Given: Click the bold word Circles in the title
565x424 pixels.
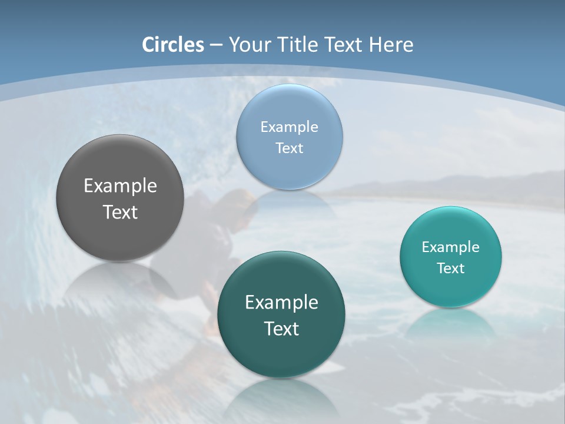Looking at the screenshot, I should (172, 45).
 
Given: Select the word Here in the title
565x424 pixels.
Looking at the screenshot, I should (391, 45).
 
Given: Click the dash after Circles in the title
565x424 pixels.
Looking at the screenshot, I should (216, 45).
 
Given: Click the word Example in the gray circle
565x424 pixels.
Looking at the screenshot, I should (120, 186).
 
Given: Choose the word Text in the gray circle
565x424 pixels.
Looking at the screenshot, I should (120, 212).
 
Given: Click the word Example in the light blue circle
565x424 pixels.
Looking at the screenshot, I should (289, 127).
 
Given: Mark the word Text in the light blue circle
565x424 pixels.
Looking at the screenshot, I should (289, 148).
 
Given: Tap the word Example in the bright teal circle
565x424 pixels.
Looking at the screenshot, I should (450, 247).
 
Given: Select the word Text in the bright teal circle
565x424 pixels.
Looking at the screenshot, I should (450, 268).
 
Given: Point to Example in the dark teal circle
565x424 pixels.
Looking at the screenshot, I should (281, 302).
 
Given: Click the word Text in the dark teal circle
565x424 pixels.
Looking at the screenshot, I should (281, 328).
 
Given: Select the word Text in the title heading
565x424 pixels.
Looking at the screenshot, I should (344, 45).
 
